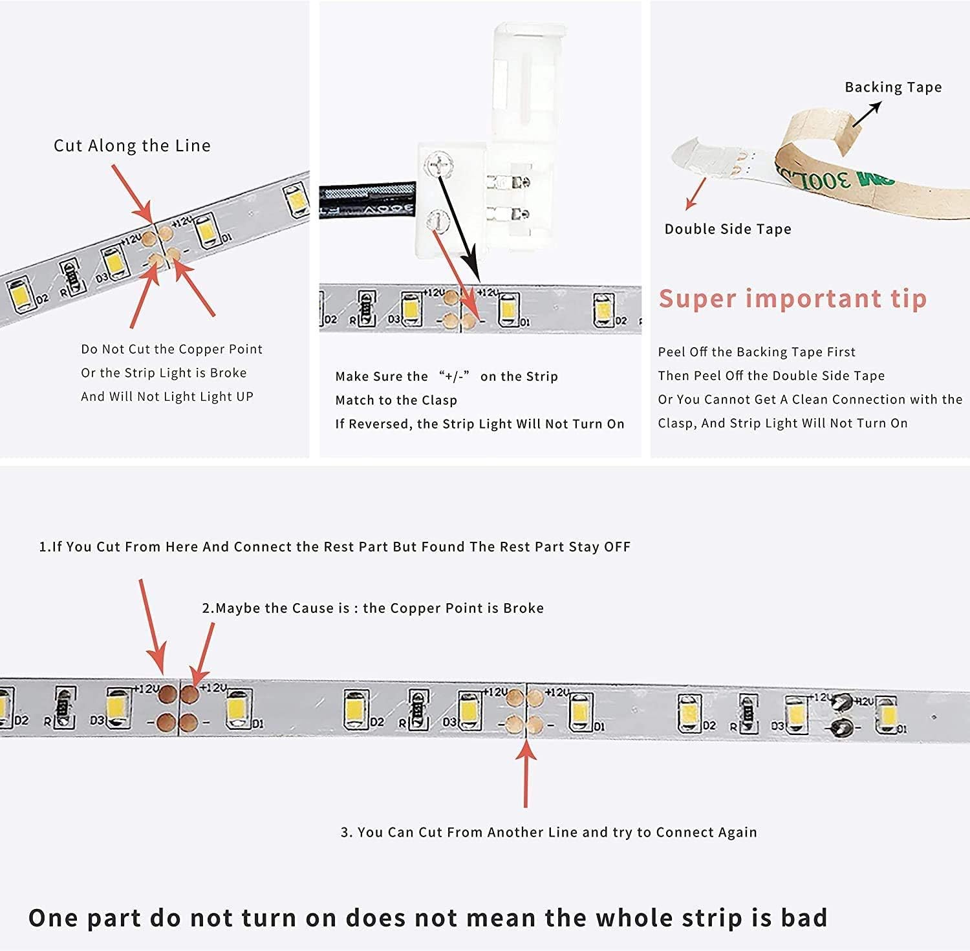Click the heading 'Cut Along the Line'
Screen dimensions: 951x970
pyautogui.click(x=132, y=146)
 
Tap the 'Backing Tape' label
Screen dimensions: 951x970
pyautogui.click(x=893, y=87)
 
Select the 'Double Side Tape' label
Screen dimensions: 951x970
pyautogui.click(x=727, y=229)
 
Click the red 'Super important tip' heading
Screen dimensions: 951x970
pyautogui.click(x=793, y=299)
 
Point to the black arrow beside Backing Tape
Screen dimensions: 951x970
pyautogui.click(x=866, y=114)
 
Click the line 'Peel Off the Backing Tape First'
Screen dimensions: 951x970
pyautogui.click(x=757, y=352)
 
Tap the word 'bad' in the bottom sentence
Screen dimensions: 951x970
pyautogui.click(x=804, y=918)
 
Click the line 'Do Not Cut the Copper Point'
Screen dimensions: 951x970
pyautogui.click(x=171, y=350)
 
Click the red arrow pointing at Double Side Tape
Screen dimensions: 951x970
pyautogui.click(x=696, y=194)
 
